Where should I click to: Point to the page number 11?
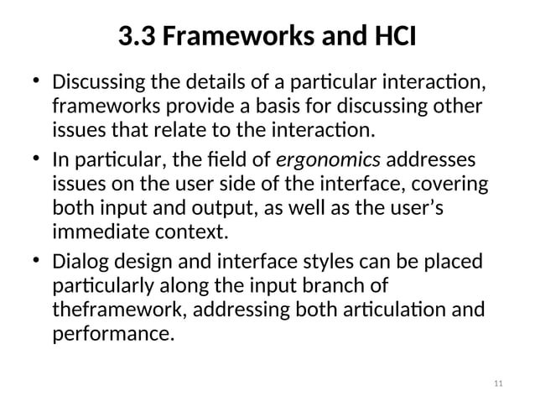pos(499,384)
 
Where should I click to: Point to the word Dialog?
pos(76,261)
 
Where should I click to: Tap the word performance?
pos(112,334)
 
